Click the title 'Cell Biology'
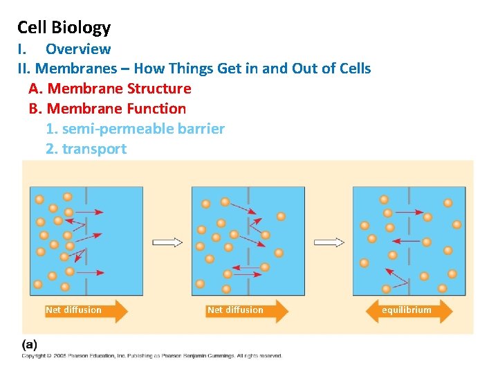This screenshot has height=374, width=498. pos(64,28)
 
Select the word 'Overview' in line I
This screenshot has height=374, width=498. pos(78,49)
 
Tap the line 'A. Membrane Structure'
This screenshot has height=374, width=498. pos(110,89)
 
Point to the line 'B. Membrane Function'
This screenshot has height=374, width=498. pos(107,109)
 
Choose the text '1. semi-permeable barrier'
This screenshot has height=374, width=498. pos(135,129)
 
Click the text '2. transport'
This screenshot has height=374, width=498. pos(86,149)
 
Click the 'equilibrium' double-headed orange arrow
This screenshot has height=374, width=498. pos(407,310)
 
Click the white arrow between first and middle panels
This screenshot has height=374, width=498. pos(167,242)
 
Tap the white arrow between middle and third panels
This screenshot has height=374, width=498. pos(329,242)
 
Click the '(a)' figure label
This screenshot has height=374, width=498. pos(30,344)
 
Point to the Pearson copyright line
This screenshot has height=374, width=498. pos(151,356)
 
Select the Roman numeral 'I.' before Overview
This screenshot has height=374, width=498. pos(22,49)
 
